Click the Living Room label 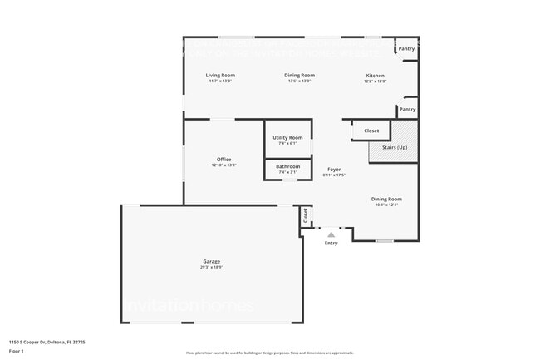220,76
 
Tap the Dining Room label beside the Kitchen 299,76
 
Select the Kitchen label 376,76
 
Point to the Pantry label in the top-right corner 406,49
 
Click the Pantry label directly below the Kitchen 407,109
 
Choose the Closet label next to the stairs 371,131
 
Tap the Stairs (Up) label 395,147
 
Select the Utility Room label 287,137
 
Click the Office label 223,159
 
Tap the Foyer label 333,170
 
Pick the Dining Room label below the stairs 386,199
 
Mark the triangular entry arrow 331,235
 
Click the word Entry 331,243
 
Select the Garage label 211,261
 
